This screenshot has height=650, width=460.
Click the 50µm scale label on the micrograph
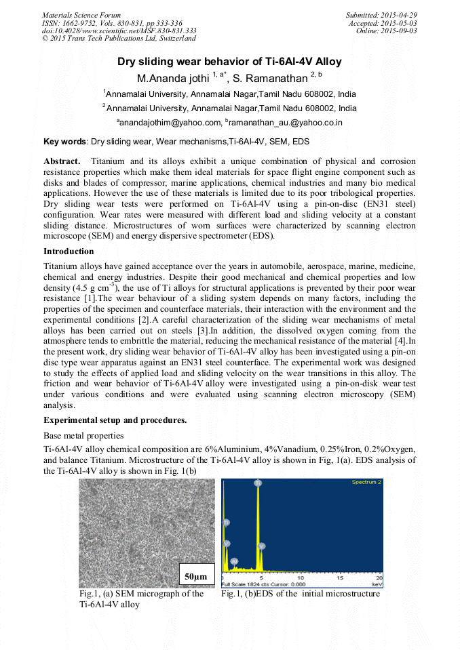click(195, 576)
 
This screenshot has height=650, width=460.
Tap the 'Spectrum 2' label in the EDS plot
click(366, 482)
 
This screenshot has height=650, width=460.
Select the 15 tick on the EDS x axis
click(341, 577)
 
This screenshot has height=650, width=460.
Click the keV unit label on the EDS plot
click(377, 584)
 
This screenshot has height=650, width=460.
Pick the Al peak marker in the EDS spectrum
click(234, 561)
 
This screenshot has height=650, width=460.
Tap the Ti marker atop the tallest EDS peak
click(258, 483)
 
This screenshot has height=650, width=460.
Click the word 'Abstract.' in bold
click(62, 161)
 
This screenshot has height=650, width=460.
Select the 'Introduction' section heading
click(69, 251)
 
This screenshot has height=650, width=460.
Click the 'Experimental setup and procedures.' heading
click(115, 420)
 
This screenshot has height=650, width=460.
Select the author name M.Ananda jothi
click(173, 79)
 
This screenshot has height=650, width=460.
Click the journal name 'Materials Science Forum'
click(81, 15)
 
